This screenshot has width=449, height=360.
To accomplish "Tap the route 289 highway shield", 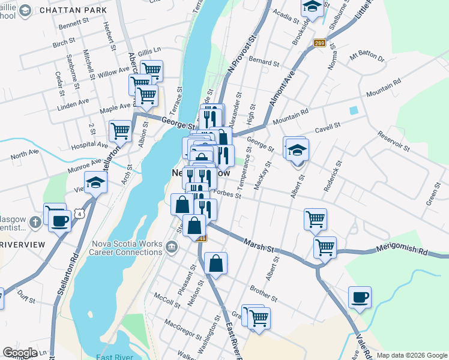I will pyautogui.click(x=319, y=43).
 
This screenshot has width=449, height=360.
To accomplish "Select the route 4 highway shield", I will pyautogui.click(x=79, y=214).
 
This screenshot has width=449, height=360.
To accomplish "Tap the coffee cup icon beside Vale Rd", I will pyautogui.click(x=360, y=297).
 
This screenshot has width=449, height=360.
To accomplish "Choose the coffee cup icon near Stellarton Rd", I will pyautogui.click(x=59, y=220).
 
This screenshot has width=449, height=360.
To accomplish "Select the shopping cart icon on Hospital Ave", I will pyautogui.click(x=121, y=130).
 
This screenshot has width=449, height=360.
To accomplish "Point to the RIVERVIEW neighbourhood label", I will pyautogui.click(x=23, y=245).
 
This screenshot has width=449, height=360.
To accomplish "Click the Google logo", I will pyautogui.click(x=19, y=353).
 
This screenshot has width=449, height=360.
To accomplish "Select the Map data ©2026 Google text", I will pyautogui.click(x=411, y=355).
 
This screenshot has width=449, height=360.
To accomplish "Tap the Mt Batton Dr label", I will pyautogui.click(x=366, y=58).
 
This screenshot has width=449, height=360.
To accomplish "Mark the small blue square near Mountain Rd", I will pyautogui.click(x=354, y=110).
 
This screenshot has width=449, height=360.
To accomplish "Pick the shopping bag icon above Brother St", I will pyautogui.click(x=215, y=263).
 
